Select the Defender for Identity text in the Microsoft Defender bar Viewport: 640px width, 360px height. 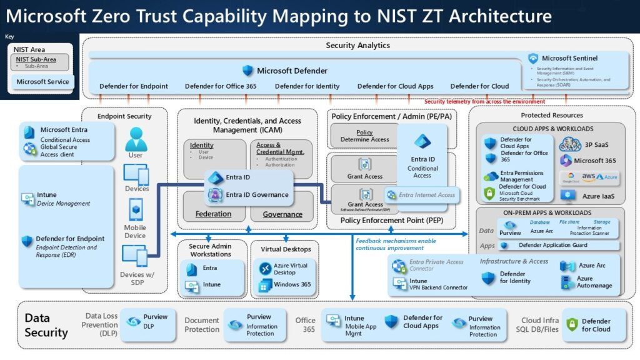(307, 86)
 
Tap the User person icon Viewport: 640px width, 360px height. (136, 138)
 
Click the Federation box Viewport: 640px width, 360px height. (213, 214)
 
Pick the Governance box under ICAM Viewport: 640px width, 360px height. (282, 214)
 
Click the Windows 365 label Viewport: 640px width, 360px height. (292, 284)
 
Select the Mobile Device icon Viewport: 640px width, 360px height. (136, 209)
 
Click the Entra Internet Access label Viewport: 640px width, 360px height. (427, 195)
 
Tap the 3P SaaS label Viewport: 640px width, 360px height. (595, 144)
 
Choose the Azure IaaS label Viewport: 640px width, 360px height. (599, 195)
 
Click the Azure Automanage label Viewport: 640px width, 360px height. (594, 282)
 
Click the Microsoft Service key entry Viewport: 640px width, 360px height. (42, 82)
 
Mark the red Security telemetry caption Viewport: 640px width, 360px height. (484, 101)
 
